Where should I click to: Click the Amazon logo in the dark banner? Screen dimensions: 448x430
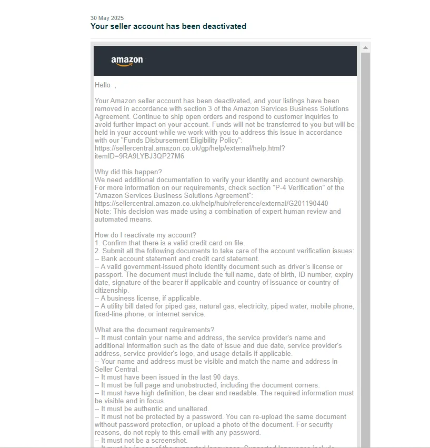[x=127, y=61]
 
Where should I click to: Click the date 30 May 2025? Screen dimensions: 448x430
[x=107, y=18]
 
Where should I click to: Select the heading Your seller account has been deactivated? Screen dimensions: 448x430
[x=168, y=26]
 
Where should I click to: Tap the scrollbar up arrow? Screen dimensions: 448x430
[x=365, y=47]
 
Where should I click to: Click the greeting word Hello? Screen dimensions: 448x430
[x=103, y=85]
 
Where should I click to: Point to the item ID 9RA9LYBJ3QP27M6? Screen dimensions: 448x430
[x=147, y=156]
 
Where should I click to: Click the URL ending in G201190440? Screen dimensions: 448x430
[x=211, y=204]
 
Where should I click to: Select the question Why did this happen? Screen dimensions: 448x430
[x=128, y=172]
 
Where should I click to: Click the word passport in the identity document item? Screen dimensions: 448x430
[x=108, y=275]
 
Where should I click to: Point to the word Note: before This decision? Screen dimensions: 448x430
[x=103, y=212]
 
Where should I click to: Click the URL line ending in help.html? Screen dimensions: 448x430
[x=189, y=148]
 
